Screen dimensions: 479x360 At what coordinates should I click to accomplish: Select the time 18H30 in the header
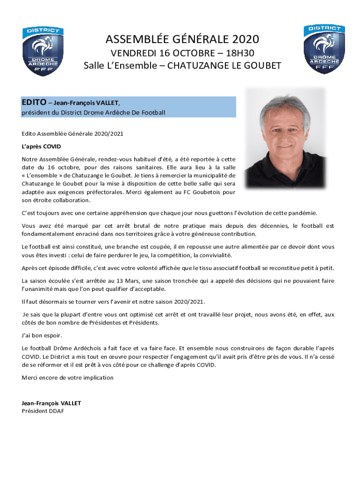point(240,52)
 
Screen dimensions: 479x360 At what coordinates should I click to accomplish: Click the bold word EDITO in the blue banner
point(34,102)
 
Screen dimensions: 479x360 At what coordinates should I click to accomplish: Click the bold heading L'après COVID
point(41,146)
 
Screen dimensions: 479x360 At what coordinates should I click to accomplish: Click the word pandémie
point(302,213)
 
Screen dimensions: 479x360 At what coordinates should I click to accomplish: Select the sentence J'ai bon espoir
point(42,335)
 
